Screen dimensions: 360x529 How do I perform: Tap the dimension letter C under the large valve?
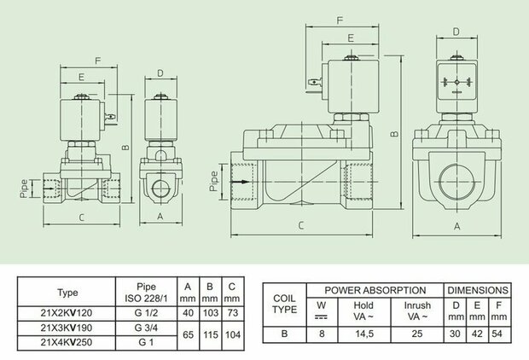click(x=302, y=225)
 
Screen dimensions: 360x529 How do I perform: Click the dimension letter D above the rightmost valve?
click(x=456, y=32)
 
